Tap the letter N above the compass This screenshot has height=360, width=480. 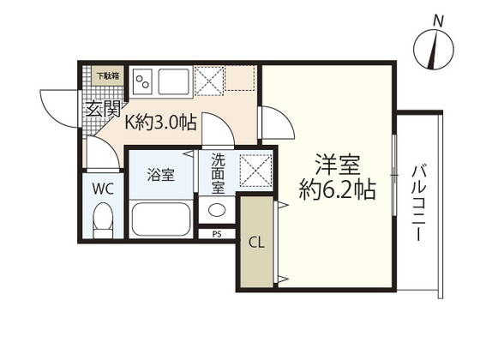point(438,19)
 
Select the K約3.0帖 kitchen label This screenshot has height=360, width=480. point(162,123)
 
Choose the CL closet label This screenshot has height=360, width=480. point(256,242)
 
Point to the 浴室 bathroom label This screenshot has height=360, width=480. point(160,176)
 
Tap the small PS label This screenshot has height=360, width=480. point(217,233)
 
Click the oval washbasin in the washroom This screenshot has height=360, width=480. point(217,210)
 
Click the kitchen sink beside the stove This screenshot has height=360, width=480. point(172,81)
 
